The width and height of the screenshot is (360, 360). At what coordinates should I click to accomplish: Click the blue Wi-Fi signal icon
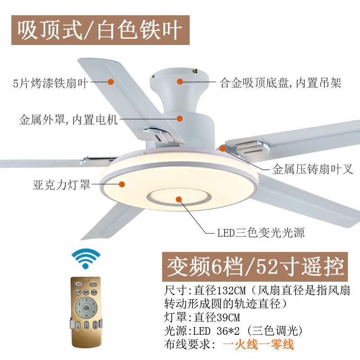pos(86,259)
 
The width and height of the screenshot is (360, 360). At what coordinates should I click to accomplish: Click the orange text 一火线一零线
pos(258,345)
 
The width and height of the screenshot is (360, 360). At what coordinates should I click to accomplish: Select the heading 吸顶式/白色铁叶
pos(100,30)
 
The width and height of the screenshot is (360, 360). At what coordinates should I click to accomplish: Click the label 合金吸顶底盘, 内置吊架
pos(280,83)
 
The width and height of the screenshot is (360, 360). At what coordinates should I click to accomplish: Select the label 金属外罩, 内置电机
pos(68,120)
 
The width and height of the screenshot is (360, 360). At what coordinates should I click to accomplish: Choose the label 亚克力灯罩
pos(62,184)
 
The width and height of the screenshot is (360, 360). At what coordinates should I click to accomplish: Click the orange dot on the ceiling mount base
pos(180,82)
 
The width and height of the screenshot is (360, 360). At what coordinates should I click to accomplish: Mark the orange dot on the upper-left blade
pos(111,82)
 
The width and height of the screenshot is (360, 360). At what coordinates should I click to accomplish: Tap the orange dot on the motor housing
pos(180,119)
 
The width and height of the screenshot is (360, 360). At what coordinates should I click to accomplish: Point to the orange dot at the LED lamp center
pos(179,199)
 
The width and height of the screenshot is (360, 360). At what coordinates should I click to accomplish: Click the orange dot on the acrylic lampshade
pos(121,184)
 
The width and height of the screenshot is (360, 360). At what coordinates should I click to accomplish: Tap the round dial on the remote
pos(85,309)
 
